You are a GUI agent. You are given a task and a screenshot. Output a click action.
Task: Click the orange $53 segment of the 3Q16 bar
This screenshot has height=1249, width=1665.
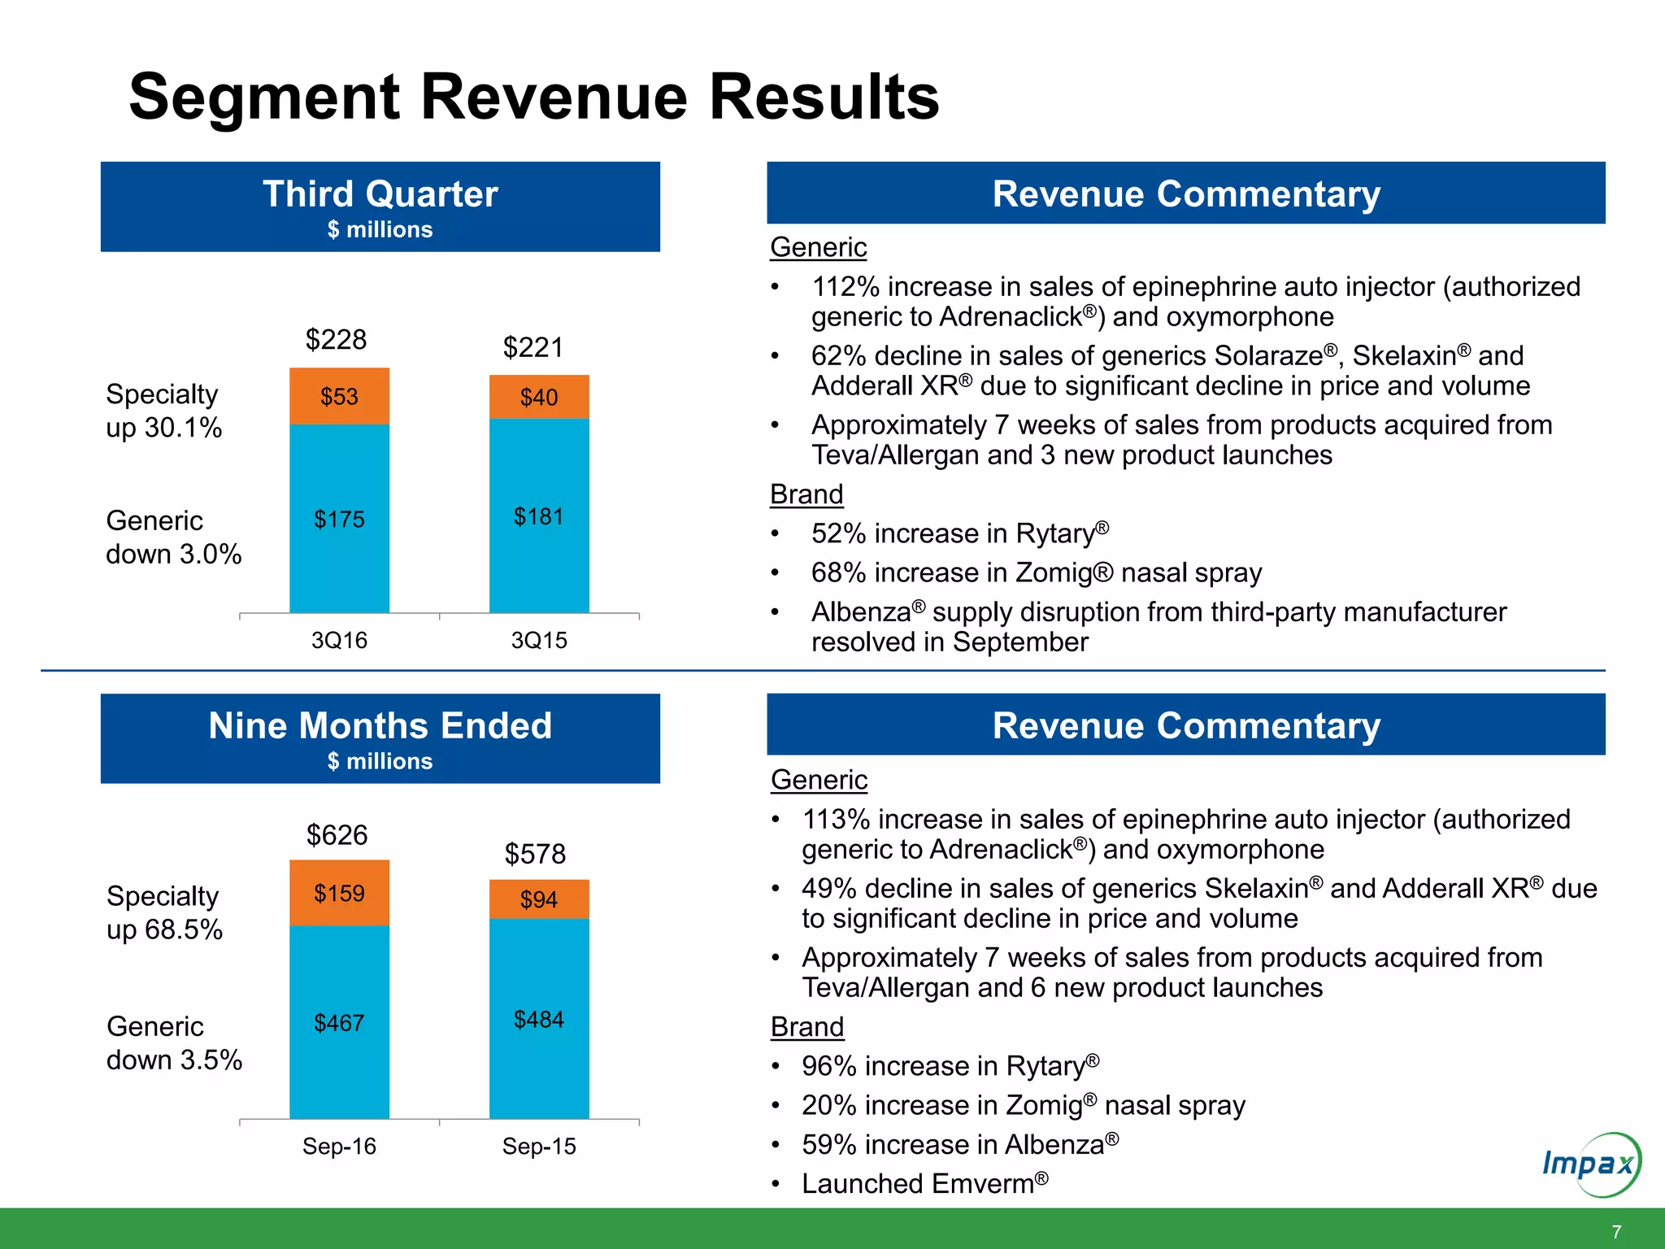339,396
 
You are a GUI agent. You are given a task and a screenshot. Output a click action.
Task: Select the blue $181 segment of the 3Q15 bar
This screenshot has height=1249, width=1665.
538,516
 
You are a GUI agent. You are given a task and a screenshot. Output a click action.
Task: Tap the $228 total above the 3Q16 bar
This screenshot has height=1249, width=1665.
336,339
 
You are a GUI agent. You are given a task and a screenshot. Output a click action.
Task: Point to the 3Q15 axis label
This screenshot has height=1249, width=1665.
538,640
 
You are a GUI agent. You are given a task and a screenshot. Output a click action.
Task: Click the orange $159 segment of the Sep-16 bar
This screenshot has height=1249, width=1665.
339,893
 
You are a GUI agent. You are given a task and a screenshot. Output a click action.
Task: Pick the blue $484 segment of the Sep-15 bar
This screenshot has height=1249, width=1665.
538,1019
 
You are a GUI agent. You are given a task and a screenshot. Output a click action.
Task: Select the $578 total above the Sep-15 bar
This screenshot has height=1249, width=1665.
534,854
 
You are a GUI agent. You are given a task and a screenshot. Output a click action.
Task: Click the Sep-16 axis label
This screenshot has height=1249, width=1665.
339,1146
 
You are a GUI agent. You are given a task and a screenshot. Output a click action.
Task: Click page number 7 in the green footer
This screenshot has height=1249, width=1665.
1616,1231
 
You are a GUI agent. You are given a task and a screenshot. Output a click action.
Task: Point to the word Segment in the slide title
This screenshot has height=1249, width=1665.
264,97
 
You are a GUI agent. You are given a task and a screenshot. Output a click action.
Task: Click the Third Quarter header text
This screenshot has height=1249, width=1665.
380,194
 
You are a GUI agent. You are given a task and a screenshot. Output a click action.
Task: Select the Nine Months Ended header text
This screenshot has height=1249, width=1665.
380,725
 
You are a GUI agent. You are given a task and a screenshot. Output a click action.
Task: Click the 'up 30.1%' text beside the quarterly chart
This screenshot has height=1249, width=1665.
163,428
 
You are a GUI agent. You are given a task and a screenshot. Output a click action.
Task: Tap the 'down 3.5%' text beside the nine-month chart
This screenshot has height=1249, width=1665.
174,1060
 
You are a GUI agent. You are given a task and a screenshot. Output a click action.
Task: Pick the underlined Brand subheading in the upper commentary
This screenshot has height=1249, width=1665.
806,494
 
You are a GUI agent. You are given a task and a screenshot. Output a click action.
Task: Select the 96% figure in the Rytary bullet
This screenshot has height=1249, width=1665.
828,1065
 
